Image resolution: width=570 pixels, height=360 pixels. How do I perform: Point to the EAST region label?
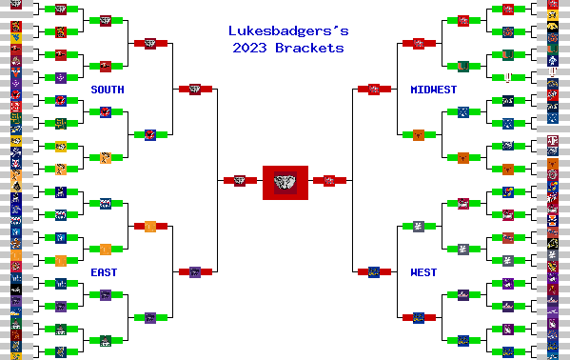coord(104,272)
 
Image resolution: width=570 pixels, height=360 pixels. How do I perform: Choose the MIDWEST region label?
coord(433,90)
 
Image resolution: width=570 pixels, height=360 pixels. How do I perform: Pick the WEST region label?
coord(423,272)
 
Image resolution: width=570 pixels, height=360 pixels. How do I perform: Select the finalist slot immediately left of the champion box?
coord(235,180)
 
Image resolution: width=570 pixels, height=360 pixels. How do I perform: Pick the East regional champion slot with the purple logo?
coord(194,272)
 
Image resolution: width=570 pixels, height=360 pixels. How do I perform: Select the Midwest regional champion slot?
coord(374,89)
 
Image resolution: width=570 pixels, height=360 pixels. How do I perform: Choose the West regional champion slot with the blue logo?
coord(374,272)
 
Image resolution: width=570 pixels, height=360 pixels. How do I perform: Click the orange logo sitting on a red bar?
coord(149,226)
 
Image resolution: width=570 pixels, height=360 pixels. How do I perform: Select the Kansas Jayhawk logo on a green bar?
coord(106,203)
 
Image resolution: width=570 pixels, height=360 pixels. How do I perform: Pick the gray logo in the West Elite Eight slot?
coord(419,226)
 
